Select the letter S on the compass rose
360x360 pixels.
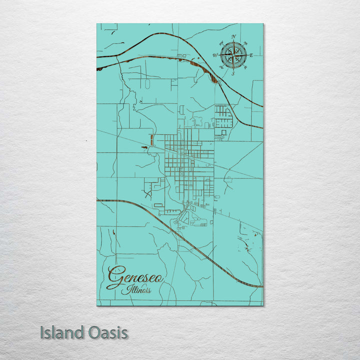[x=233, y=73]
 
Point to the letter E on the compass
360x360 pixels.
[x=251, y=55]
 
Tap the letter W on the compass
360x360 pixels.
[x=215, y=55]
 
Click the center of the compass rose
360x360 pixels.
[x=233, y=54]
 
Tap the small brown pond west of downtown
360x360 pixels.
[x=144, y=147]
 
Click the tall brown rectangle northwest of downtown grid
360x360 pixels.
[x=151, y=139]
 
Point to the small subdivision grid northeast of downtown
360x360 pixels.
[x=223, y=116]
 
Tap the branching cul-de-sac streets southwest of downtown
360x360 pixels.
[x=150, y=187]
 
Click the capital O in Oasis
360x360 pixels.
[x=92, y=332]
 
